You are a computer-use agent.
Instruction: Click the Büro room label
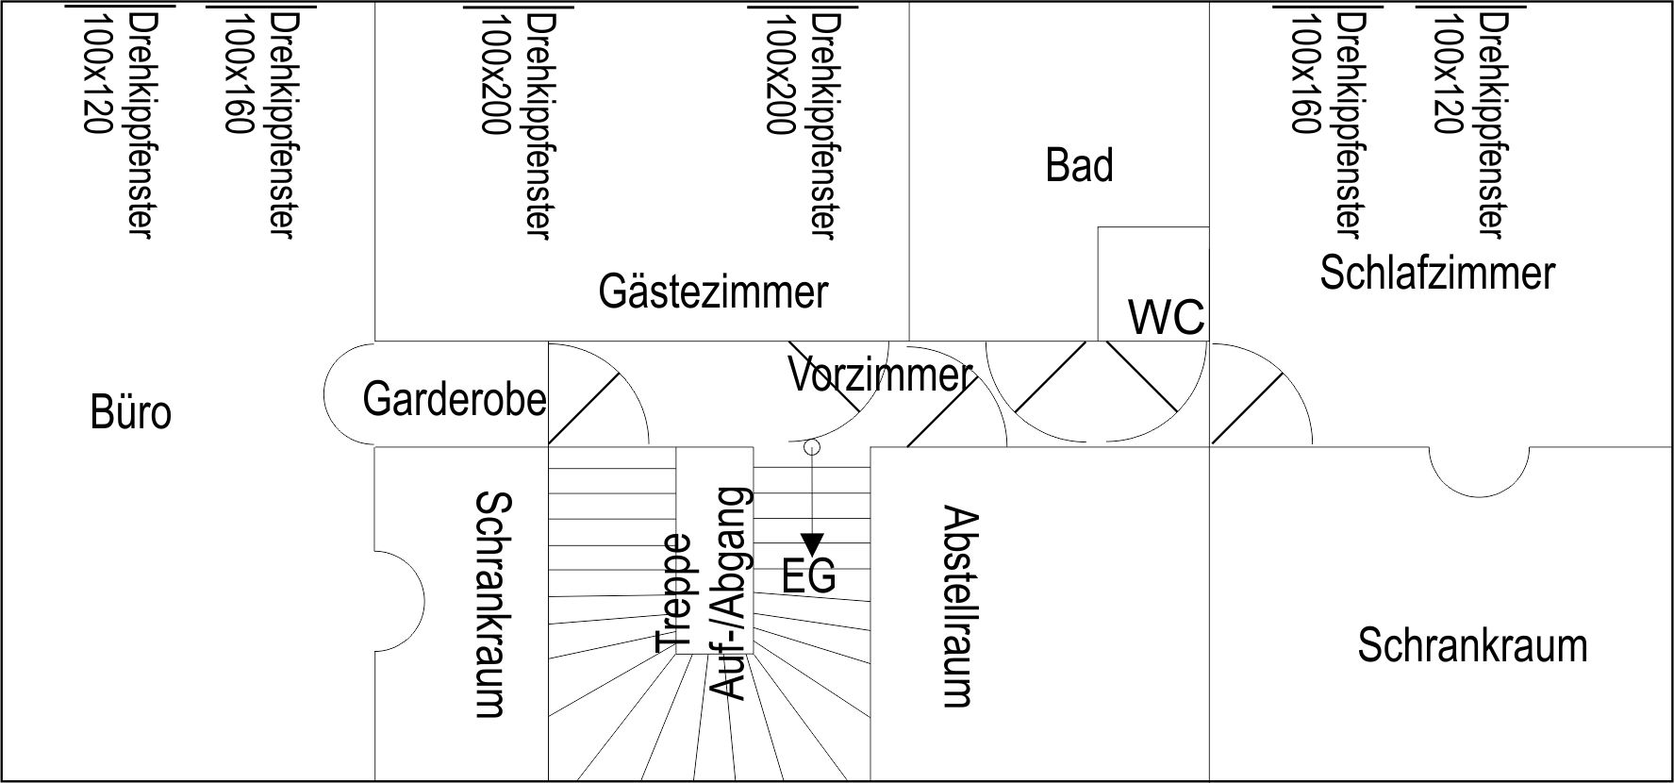click(131, 413)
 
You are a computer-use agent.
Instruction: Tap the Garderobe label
click(454, 399)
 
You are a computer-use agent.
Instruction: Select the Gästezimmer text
click(713, 292)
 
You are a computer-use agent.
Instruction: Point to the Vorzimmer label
click(879, 375)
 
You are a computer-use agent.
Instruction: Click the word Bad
click(1079, 165)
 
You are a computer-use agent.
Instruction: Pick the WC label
click(1167, 317)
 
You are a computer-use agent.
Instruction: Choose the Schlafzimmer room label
click(1436, 273)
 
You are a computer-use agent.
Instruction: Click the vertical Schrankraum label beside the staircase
click(493, 604)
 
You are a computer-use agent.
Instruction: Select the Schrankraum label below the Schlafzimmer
click(1472, 646)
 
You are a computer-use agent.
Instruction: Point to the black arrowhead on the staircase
click(812, 544)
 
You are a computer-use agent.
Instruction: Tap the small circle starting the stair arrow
click(811, 447)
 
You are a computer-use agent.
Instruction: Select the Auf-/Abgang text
click(732, 592)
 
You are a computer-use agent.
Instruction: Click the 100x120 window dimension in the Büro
click(97, 74)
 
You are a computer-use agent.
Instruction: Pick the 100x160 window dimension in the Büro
click(239, 74)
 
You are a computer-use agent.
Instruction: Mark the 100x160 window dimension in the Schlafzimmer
click(1304, 74)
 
